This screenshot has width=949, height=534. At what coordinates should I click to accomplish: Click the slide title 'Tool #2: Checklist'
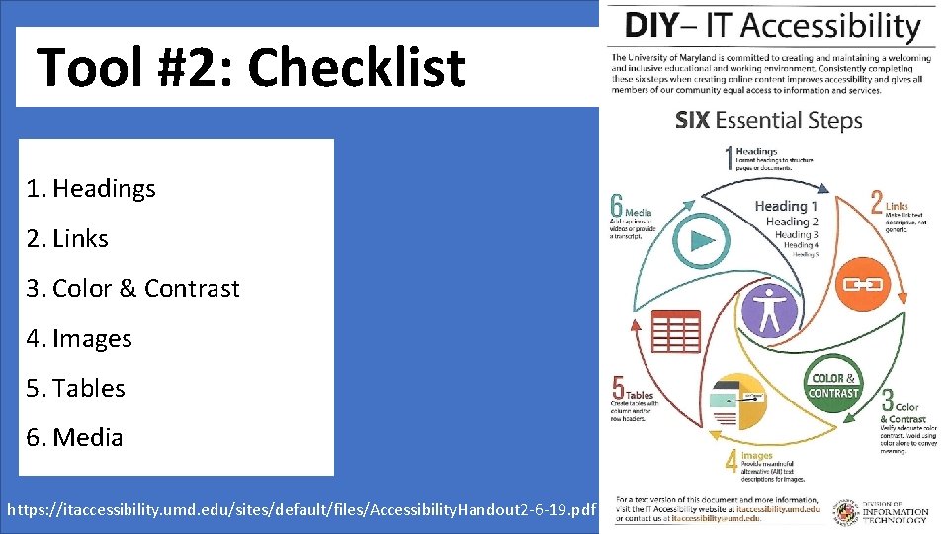click(250, 67)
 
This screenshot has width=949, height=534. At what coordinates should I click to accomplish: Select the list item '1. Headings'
click(91, 188)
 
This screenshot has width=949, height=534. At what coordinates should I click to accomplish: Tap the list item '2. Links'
click(67, 238)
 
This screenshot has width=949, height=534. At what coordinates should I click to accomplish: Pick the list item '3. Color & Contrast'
click(132, 288)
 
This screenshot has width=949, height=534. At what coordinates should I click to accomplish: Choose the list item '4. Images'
click(79, 338)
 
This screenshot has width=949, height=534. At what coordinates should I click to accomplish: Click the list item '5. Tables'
click(76, 388)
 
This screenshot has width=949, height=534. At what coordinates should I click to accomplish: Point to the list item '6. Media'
click(75, 437)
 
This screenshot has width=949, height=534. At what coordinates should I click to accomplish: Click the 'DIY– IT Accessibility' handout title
click(772, 25)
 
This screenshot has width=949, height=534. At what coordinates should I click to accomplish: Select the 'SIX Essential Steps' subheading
click(768, 121)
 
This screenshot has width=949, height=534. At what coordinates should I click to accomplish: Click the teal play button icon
click(703, 240)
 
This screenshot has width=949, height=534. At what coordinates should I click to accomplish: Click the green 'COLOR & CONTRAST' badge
click(833, 386)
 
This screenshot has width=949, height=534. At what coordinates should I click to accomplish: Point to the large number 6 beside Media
click(617, 206)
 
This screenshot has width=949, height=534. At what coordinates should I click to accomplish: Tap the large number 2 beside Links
click(876, 202)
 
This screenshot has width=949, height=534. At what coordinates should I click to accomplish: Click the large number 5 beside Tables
click(618, 388)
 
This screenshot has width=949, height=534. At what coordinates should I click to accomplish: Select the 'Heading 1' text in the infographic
click(786, 206)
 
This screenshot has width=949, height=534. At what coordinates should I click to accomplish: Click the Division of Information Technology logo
click(881, 509)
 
